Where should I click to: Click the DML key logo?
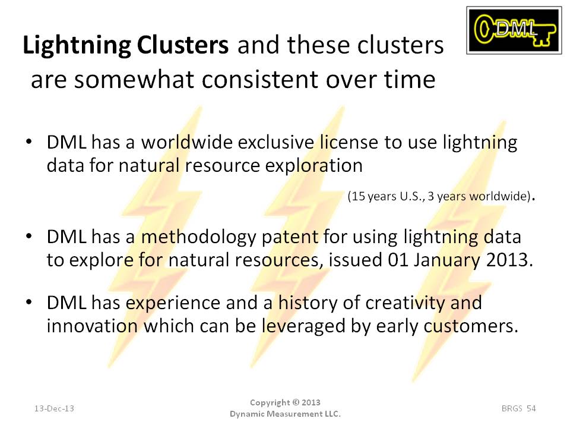tap(514, 30)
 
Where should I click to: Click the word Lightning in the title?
tap(77, 46)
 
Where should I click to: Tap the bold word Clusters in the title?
tap(183, 45)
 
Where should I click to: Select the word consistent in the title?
tap(260, 79)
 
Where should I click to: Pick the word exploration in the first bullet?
tap(314, 166)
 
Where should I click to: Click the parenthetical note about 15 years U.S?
tap(441, 197)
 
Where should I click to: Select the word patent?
tap(290, 237)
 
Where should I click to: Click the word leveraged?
tap(303, 326)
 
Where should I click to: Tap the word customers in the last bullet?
tap(471, 326)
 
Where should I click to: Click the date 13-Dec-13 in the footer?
tap(54, 408)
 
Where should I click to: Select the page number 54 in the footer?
tap(531, 408)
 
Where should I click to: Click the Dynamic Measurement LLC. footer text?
tap(286, 414)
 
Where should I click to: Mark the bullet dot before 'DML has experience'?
tap(29, 303)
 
